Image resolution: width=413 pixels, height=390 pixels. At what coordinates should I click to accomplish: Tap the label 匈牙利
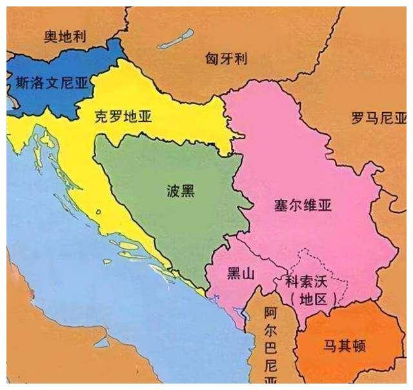(x=227, y=59)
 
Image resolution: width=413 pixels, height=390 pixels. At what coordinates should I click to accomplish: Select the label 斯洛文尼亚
(x=50, y=82)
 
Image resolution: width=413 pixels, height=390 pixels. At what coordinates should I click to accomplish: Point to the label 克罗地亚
(x=123, y=117)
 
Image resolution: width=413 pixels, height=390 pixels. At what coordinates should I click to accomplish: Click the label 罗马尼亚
(x=379, y=118)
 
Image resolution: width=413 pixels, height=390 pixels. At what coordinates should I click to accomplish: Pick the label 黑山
(x=241, y=274)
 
